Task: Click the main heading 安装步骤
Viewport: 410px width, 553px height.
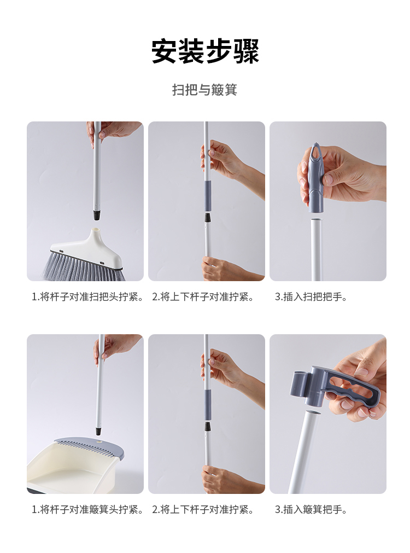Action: point(205,51)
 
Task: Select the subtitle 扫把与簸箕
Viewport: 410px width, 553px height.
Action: point(205,90)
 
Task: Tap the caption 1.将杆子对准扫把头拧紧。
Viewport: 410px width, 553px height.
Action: point(88,297)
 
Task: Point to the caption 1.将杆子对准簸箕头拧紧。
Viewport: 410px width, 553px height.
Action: point(88,510)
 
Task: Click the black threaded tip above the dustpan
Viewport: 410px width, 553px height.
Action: point(99,430)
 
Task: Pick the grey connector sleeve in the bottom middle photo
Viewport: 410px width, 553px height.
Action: point(208,405)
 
